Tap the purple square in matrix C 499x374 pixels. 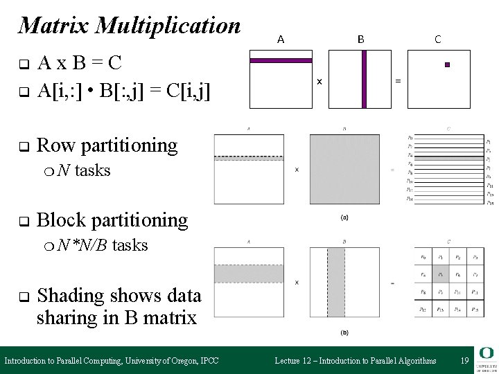coord(448,64)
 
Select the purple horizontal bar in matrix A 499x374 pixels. coord(280,61)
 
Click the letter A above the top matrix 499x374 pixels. coord(280,39)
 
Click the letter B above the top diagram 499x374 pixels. coord(360,39)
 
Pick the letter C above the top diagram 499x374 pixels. coord(438,39)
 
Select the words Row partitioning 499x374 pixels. coord(107,145)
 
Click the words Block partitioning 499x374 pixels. coord(112,220)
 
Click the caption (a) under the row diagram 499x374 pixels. coord(344,217)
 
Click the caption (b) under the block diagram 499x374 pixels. coord(344,332)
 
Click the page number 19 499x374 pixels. coord(464,360)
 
